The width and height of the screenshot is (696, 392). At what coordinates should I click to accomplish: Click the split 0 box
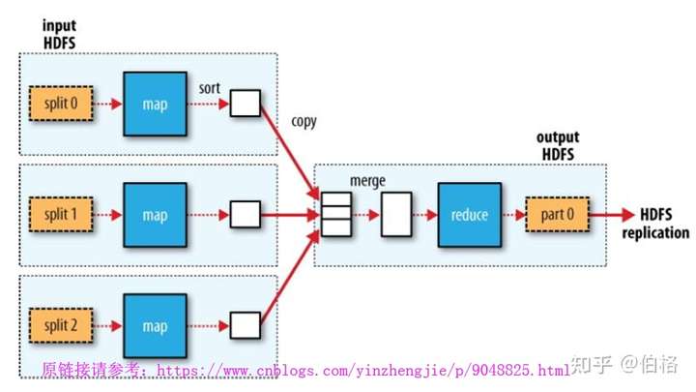61,104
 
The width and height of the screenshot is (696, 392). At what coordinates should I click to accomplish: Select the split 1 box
61,215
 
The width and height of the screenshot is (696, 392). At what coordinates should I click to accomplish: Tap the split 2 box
61,326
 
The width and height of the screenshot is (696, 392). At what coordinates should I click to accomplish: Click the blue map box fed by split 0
155,104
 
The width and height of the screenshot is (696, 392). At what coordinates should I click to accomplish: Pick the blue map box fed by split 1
155,215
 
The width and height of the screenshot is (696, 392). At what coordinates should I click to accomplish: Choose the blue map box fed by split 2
155,326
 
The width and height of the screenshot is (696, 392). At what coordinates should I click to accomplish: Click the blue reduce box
470,215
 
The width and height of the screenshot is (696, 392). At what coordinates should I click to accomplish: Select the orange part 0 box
558,215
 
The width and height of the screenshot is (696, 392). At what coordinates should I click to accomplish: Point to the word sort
209,88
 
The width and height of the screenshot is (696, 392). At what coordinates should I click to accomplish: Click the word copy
304,122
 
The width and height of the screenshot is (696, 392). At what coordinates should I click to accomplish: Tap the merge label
367,181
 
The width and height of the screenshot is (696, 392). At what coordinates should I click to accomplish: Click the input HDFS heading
60,34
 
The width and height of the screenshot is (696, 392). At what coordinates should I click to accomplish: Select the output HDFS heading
558,145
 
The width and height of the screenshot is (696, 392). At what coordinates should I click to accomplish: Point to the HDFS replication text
655,224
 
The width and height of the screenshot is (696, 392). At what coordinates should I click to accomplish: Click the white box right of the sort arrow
246,104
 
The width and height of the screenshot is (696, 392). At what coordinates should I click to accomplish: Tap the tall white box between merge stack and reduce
396,214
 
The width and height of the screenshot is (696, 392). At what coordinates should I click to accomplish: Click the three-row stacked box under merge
336,214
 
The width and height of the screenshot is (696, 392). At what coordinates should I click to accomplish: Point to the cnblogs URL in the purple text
363,370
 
